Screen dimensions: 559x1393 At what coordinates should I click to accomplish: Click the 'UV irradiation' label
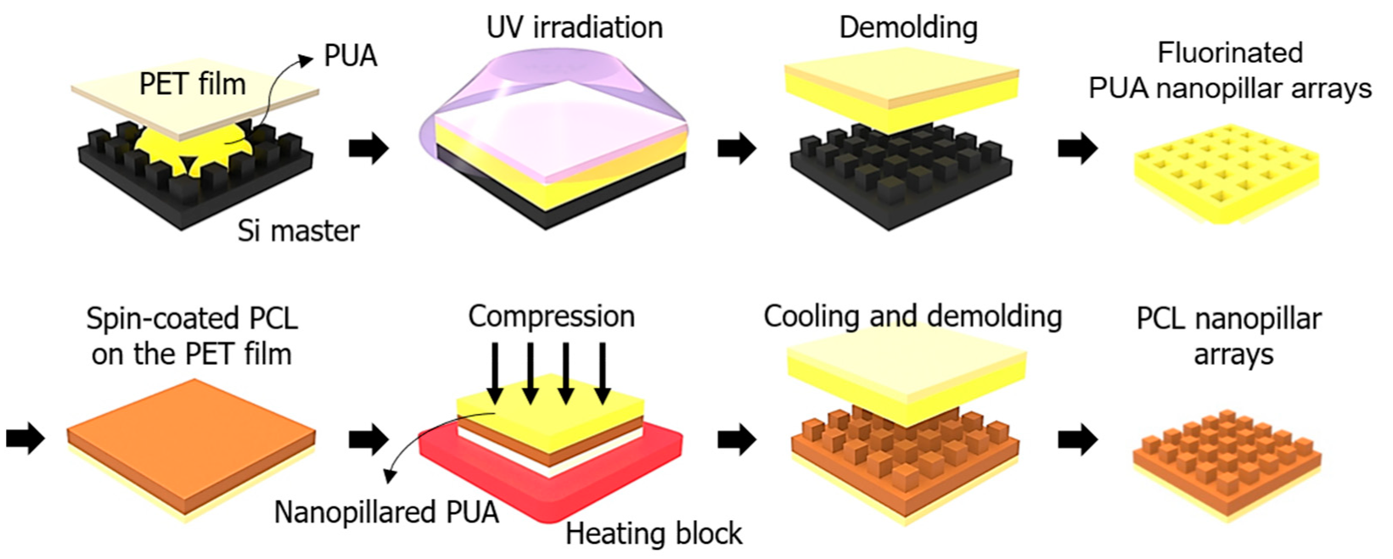(574, 28)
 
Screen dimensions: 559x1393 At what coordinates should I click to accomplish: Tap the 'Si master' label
(298, 231)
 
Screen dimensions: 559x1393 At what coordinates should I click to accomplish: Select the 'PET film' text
(193, 84)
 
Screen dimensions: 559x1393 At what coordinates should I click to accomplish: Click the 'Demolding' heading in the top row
(907, 28)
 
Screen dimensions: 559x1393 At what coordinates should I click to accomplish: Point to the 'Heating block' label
(654, 534)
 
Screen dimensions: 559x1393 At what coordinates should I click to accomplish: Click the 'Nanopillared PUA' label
(386, 512)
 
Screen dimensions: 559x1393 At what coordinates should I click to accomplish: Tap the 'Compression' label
(551, 316)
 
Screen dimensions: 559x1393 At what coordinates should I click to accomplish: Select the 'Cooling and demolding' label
(913, 316)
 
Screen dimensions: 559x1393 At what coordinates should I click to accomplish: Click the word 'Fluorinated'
(1229, 53)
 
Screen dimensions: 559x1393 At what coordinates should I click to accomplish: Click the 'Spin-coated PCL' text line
(192, 319)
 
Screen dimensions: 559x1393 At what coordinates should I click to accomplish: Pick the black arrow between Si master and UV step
(368, 148)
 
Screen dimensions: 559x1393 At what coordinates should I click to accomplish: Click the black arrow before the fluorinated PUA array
(1077, 148)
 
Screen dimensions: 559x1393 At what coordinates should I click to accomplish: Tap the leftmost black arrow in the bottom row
(25, 439)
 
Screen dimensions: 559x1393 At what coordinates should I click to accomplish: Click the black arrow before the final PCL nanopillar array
(1077, 439)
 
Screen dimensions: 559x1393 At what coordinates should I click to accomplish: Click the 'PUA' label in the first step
(350, 56)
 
